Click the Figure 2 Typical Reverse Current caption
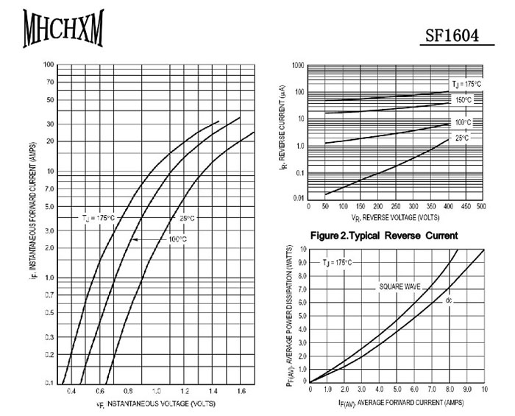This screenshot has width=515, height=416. [x=385, y=236]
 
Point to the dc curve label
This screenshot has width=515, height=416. [x=448, y=300]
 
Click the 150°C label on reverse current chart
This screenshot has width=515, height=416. [x=464, y=99]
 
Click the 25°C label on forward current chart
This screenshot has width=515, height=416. [x=187, y=218]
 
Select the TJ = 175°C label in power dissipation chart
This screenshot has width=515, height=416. [x=338, y=263]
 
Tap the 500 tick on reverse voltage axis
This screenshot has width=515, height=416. [x=482, y=207]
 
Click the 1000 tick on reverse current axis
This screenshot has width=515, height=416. [x=297, y=66]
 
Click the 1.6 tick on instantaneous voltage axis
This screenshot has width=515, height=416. [x=241, y=390]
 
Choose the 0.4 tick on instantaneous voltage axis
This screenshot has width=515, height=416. [x=71, y=390]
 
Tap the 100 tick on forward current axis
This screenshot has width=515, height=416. [x=49, y=65]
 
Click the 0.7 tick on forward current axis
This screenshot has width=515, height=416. [x=49, y=295]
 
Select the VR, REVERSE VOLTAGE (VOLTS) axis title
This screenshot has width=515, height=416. [x=395, y=218]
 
